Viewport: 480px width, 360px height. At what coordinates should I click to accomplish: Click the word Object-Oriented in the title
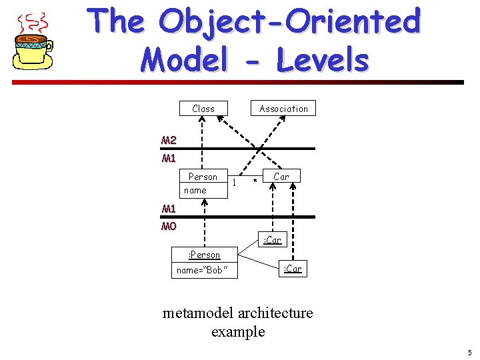(x=291, y=22)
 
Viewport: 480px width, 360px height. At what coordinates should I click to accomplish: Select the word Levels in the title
(x=322, y=60)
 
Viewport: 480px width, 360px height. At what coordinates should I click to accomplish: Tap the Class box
(x=203, y=109)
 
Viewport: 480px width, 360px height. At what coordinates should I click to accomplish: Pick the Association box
(x=283, y=109)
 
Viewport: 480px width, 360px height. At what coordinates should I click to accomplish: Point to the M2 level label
(x=169, y=141)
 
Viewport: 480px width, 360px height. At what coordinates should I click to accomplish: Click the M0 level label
(x=169, y=226)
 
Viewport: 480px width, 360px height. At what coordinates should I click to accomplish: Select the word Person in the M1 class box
(x=203, y=177)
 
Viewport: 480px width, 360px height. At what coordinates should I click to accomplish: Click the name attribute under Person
(x=195, y=190)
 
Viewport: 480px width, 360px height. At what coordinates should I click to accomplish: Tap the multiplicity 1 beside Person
(x=235, y=181)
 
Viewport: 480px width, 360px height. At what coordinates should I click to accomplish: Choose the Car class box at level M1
(x=281, y=177)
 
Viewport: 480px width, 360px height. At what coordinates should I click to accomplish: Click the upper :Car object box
(x=272, y=240)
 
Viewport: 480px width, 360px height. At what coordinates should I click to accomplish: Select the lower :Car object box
(x=293, y=269)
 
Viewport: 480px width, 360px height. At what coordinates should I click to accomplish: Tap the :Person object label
(x=204, y=255)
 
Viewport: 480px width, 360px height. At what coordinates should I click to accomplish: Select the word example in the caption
(x=238, y=331)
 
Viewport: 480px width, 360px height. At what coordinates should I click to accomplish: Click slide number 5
(x=469, y=353)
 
